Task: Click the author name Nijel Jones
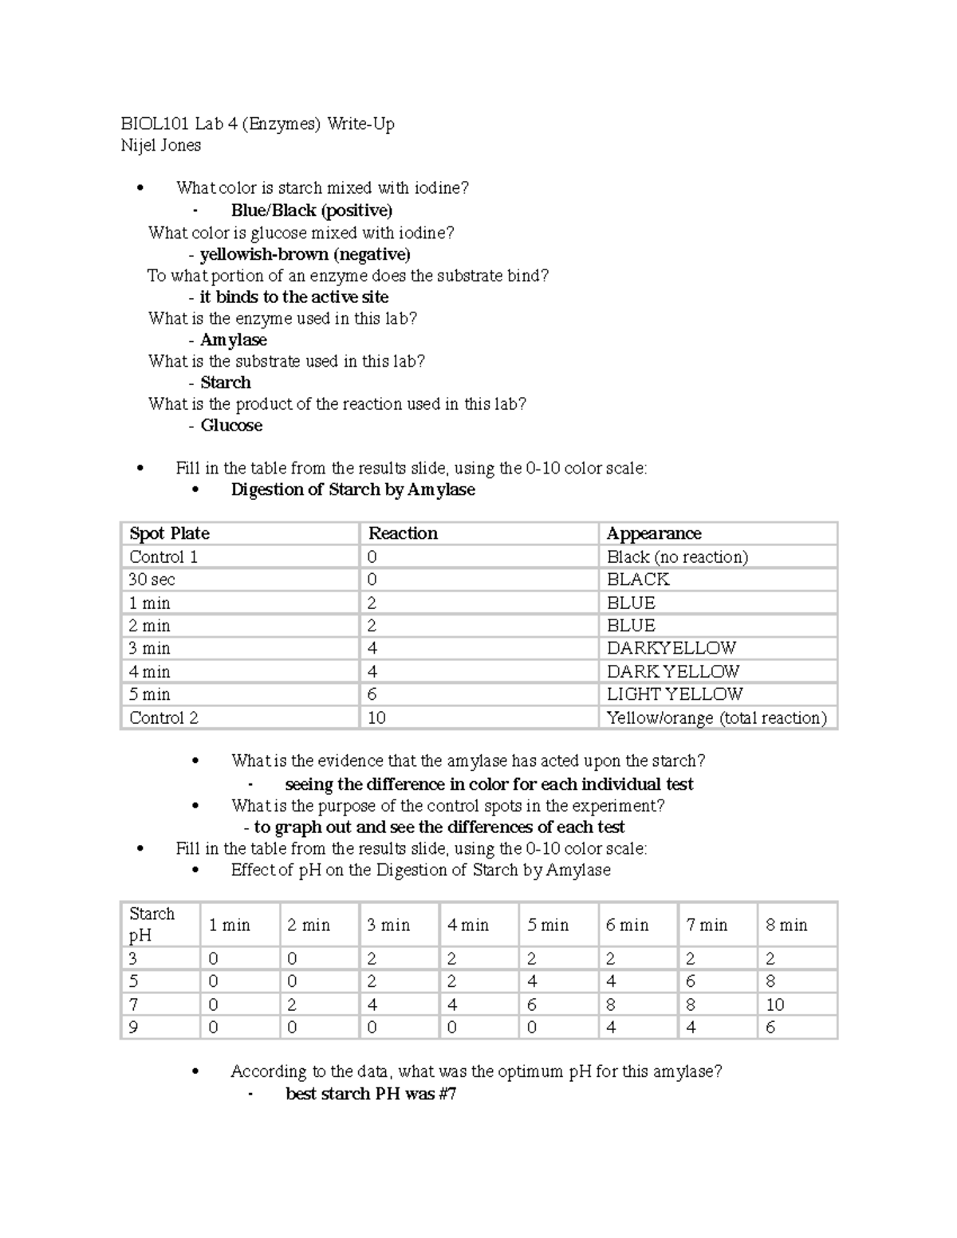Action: (x=160, y=145)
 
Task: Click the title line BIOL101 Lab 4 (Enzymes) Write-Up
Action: (x=257, y=124)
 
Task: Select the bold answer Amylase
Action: (x=233, y=340)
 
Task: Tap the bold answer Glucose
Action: (x=231, y=425)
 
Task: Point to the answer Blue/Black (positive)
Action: (x=311, y=210)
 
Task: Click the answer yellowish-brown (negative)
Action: (x=305, y=254)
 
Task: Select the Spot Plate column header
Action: (x=169, y=533)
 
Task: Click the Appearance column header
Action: (x=654, y=533)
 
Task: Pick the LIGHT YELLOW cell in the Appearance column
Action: (x=675, y=694)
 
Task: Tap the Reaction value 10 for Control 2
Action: (x=376, y=717)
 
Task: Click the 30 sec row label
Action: (x=152, y=580)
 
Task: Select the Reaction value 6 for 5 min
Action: (x=372, y=694)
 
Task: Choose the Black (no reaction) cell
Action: (x=677, y=556)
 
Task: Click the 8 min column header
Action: (x=786, y=925)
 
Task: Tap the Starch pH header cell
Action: (x=152, y=924)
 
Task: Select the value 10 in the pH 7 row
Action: (x=775, y=1004)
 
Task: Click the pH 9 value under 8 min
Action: (x=770, y=1028)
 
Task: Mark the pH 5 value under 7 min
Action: (x=691, y=981)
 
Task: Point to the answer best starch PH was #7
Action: (x=371, y=1094)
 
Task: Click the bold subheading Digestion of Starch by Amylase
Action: (x=352, y=489)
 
